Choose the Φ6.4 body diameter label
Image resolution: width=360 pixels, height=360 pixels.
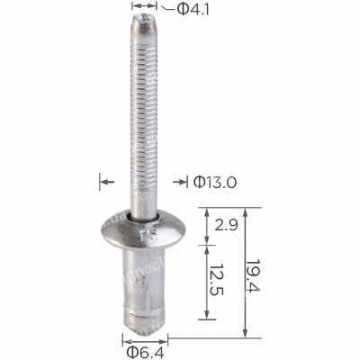click(x=143, y=350)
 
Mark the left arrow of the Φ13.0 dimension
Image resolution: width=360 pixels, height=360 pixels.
click(x=105, y=182)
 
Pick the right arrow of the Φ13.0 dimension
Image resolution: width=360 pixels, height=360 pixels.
click(x=182, y=182)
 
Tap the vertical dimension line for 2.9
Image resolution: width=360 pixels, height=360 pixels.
click(x=210, y=225)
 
